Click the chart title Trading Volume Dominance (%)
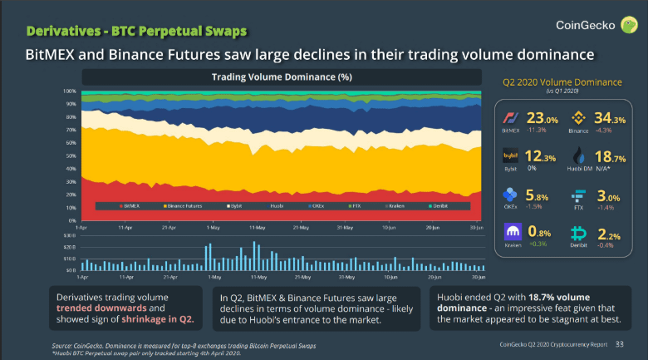tap(282, 77)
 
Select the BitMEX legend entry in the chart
tap(135, 204)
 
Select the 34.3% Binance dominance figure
tap(611, 119)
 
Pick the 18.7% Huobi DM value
tap(611, 157)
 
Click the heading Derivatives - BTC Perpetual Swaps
tap(136, 32)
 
